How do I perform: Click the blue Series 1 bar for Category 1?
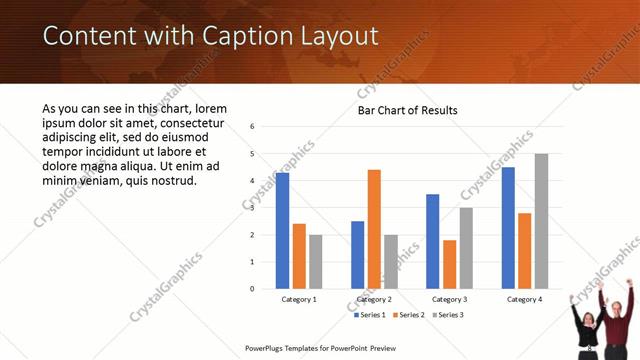click(283, 231)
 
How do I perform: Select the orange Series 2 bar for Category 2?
click(374, 229)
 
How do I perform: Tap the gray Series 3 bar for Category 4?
click(541, 221)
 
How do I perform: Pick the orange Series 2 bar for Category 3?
click(449, 264)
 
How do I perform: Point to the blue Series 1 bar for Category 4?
click(508, 228)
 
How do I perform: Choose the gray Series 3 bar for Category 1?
click(316, 262)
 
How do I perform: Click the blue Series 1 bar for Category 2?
click(357, 255)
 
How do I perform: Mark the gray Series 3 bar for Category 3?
click(466, 248)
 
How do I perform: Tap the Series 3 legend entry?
click(448, 315)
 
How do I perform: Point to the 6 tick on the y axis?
click(253, 127)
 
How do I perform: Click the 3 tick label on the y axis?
click(253, 208)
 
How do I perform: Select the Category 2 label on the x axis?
click(374, 299)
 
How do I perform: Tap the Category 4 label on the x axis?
click(524, 299)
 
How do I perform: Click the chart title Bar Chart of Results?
click(408, 110)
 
